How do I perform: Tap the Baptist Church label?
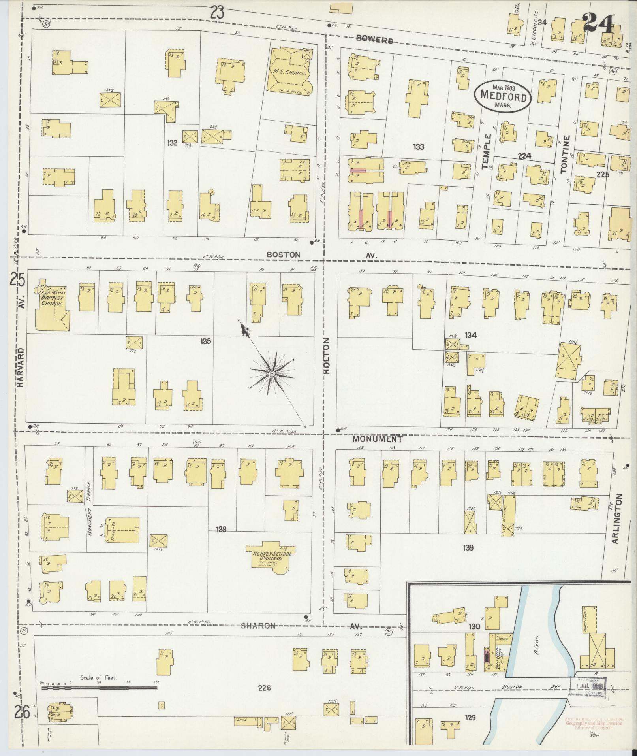pyautogui.click(x=52, y=302)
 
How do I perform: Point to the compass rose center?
pyautogui.click(x=272, y=373)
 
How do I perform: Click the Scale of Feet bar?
pyautogui.click(x=99, y=688)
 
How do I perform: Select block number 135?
pyautogui.click(x=205, y=341)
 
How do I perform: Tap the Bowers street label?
pyautogui.click(x=374, y=40)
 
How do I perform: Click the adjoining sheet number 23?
pyautogui.click(x=217, y=13)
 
